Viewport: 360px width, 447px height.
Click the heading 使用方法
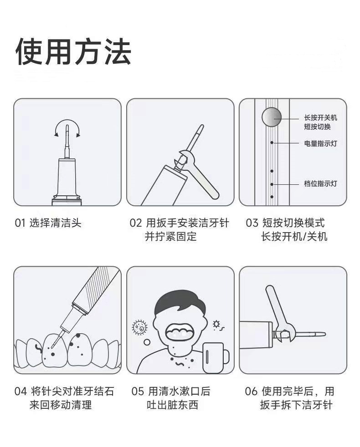[73, 52]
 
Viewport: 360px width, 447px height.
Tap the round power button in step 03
[272, 117]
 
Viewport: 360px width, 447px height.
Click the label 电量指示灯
[320, 143]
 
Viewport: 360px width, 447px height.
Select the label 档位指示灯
[320, 183]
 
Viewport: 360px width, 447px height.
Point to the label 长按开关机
[320, 117]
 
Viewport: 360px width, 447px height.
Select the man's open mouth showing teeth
[180, 331]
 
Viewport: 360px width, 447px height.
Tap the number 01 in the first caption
[20, 223]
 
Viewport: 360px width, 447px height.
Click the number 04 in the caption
[21, 391]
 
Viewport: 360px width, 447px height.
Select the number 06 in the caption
[251, 391]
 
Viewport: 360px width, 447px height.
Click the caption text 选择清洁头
[56, 223]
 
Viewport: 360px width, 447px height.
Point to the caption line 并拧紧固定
[171, 237]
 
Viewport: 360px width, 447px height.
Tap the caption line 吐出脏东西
[172, 405]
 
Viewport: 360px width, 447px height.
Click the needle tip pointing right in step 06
[325, 334]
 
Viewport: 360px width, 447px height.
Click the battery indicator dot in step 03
[272, 142]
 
